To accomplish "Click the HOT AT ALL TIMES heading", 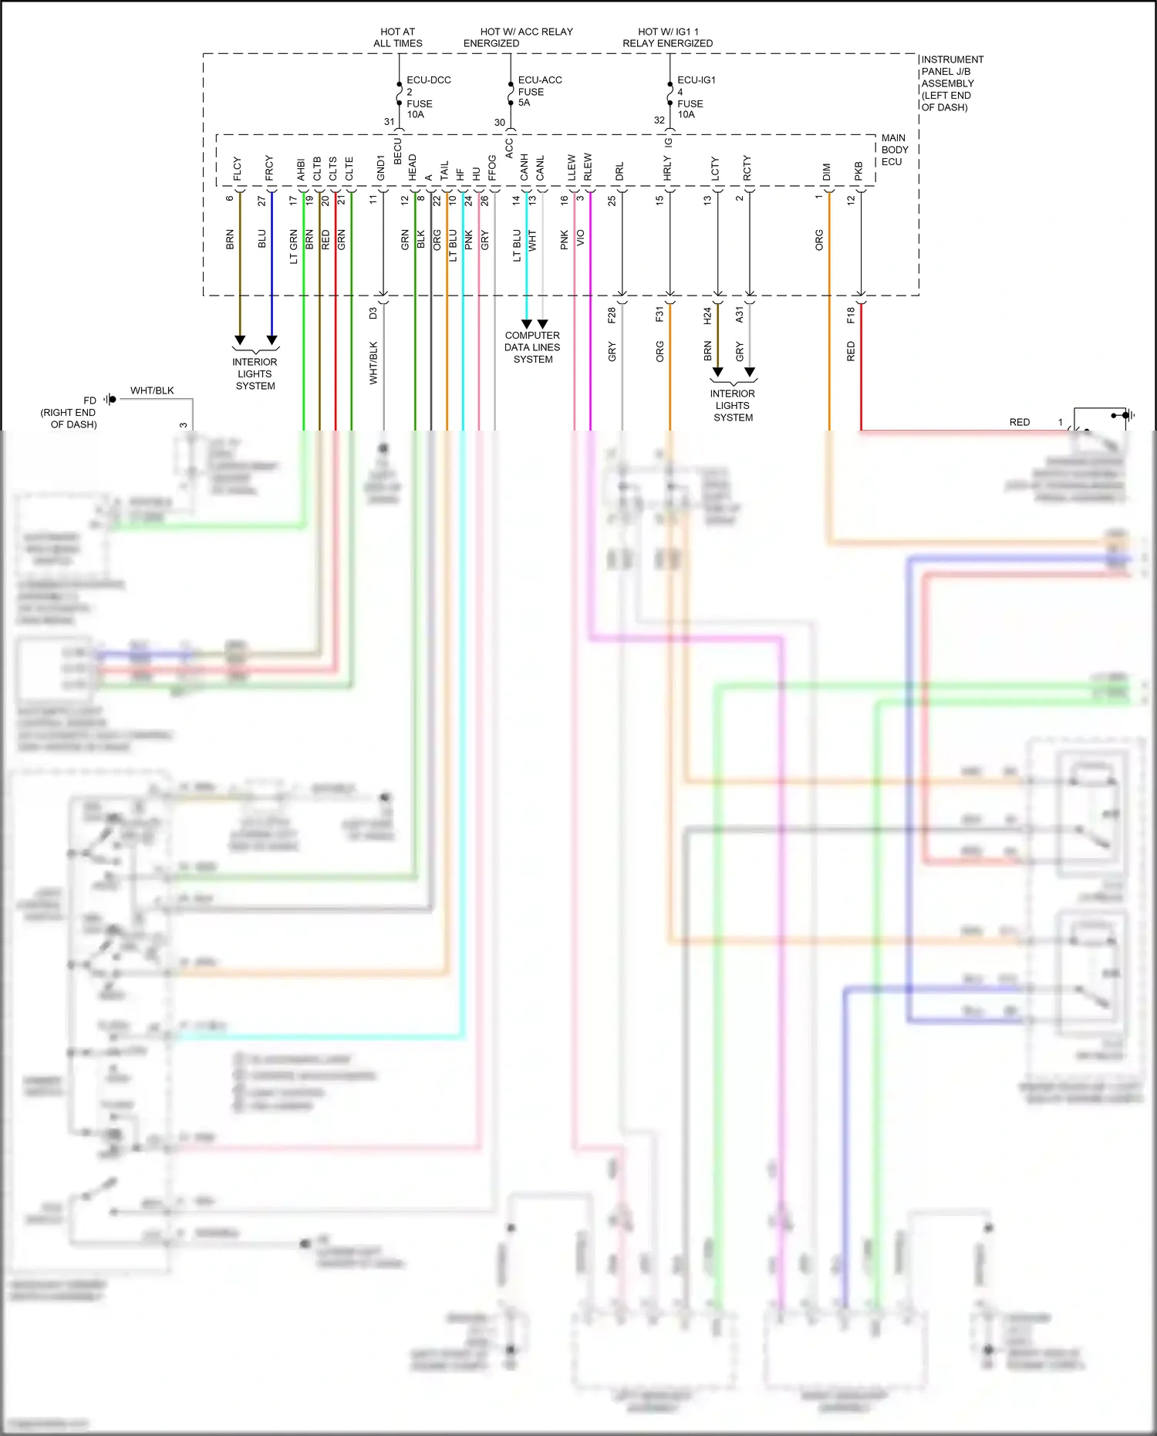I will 397,37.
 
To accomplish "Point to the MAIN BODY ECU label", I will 894,150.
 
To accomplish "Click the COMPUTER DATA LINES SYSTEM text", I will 532,347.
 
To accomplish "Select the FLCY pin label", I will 238,169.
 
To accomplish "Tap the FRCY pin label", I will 269,168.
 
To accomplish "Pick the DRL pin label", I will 620,171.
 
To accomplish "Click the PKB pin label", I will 858,171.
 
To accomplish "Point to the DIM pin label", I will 827,171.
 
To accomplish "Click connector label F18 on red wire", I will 851,315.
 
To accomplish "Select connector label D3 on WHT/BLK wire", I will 373,313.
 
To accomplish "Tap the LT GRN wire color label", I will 293,246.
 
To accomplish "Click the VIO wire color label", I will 580,238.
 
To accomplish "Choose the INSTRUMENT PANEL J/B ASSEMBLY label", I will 951,83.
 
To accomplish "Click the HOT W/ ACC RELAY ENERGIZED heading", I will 518,37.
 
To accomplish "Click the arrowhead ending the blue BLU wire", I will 272,340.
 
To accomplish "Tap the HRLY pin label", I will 667,168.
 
